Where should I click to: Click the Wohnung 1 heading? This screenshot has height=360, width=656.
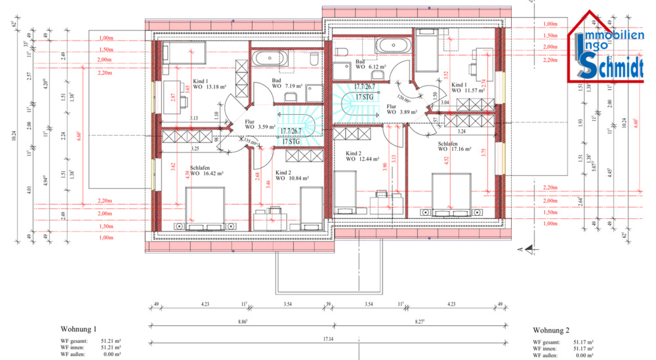coord(79,329)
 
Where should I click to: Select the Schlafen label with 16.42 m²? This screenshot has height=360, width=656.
coord(207,171)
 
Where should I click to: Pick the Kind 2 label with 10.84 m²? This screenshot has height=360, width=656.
coord(291,175)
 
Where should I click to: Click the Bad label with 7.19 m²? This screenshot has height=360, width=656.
coord(287,83)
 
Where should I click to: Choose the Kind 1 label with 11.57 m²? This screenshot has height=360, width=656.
coord(468,87)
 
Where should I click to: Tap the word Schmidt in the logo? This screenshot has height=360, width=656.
coord(609,66)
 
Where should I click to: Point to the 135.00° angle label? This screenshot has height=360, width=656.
coord(249,141)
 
